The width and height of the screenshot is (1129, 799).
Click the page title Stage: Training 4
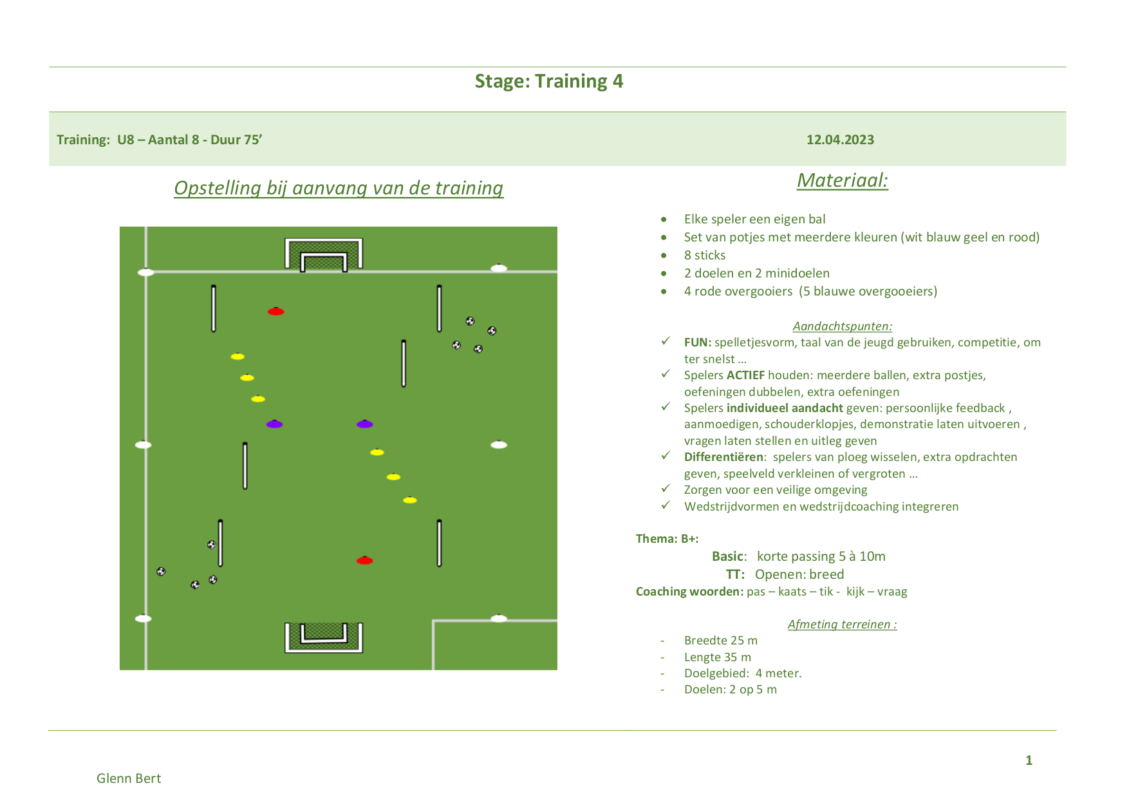tap(548, 81)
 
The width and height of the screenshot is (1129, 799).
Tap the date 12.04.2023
tap(840, 140)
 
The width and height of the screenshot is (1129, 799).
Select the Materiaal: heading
tap(843, 180)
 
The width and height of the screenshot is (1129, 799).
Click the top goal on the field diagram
tap(324, 254)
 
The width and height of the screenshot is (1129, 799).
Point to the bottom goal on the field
tap(324, 637)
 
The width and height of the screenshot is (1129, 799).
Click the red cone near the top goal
tap(275, 312)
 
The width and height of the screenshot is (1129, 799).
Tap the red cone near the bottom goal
tap(365, 561)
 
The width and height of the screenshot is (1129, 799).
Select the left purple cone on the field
tap(275, 424)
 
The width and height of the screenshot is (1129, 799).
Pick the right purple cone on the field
tap(365, 424)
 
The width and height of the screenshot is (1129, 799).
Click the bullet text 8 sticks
tap(705, 256)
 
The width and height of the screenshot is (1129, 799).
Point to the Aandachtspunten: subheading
tap(842, 326)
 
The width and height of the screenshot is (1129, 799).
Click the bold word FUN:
tap(698, 343)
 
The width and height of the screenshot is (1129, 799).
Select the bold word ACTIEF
tap(745, 375)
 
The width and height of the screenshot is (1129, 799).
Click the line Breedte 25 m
tap(721, 641)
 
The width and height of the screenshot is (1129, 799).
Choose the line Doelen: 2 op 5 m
tap(731, 690)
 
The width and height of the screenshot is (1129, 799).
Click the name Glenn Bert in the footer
tap(129, 778)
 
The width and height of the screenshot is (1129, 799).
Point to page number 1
tap(1029, 760)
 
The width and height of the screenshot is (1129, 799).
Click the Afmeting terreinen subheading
tap(842, 625)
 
